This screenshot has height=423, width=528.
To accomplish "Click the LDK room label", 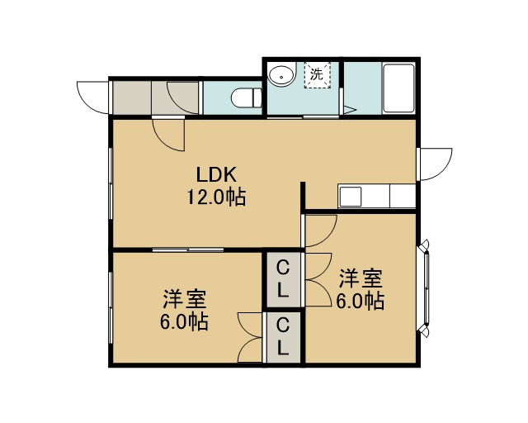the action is pos(216,174).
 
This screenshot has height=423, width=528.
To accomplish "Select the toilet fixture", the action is pos(247,97).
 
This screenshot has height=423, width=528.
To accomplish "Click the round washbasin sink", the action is pos(282,75).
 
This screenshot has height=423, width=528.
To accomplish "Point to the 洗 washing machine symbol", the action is pos(317,74).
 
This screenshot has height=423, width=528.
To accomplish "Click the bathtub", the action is pos(398,88).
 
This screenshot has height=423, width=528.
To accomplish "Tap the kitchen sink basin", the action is pos(350,197).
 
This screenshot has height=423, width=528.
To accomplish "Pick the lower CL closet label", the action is pos(283,336).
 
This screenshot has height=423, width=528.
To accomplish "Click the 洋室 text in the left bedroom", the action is pos(185,299).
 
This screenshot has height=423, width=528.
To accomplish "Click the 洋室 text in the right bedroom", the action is pos(361,278).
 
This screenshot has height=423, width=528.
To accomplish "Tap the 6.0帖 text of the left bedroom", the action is pos(184,321).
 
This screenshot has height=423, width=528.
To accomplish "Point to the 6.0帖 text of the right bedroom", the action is pos(361,301).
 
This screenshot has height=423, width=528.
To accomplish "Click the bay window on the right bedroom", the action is pos(424,288).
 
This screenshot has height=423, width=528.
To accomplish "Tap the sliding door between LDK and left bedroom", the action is pos(188,250).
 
